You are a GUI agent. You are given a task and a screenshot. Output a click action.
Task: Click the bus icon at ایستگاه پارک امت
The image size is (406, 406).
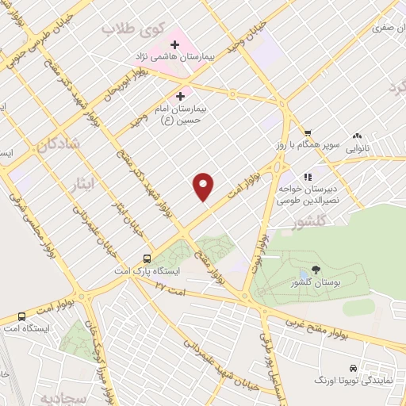pyautogui.click(x=147, y=259)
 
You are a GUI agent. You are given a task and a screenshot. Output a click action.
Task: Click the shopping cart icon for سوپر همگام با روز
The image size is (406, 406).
pyautogui.click(x=307, y=133)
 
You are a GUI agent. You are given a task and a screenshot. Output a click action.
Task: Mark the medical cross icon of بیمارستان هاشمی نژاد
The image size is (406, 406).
pyautogui.click(x=174, y=45)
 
